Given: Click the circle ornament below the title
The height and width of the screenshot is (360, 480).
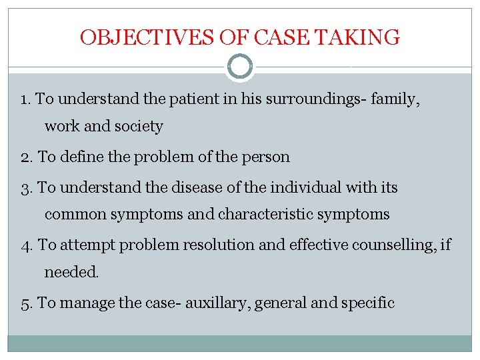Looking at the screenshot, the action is (x=240, y=66).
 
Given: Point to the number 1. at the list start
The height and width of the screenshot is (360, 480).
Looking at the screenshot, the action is (x=26, y=99).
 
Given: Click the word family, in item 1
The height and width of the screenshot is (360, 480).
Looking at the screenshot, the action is (x=397, y=99).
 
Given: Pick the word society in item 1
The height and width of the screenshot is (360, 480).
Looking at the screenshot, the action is (x=139, y=126).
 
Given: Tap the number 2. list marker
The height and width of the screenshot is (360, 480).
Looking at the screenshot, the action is (x=27, y=157).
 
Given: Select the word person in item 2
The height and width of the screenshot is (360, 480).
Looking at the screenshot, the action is (x=265, y=157).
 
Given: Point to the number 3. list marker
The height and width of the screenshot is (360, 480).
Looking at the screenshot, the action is (x=27, y=188).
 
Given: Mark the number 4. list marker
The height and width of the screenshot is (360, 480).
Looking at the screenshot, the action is (x=27, y=245).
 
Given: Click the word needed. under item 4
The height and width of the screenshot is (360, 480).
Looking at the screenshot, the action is (x=71, y=272).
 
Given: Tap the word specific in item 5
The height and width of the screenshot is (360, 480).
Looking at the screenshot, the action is (x=368, y=303).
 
